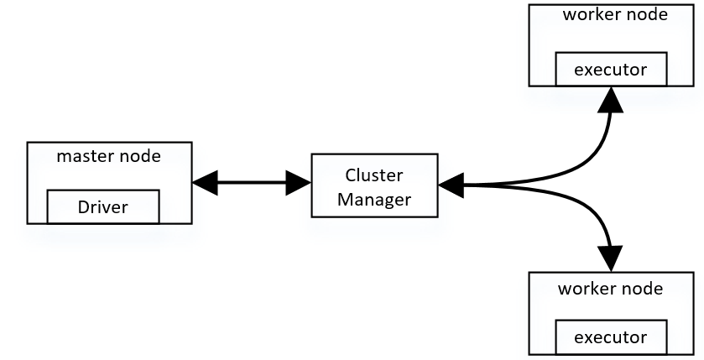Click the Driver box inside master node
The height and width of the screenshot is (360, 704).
pos(102,206)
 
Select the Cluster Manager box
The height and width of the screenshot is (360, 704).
pos(374,186)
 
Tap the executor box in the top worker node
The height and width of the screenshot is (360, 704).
pos(611,69)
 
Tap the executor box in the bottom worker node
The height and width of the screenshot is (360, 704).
pos(611,337)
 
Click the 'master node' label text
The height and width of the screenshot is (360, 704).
pos(108,156)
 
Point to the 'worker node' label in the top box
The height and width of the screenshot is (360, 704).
pos(616,14)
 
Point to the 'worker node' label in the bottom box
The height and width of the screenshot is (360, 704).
pos(610,289)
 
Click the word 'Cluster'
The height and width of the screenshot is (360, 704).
pos(374,175)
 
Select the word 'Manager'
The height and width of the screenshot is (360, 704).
pos(374,199)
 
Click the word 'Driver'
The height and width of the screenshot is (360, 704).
pos(102,206)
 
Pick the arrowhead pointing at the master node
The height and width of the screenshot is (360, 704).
pos(204,181)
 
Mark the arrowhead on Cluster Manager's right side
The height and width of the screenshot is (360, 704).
pos(451,185)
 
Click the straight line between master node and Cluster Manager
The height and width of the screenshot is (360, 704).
pos(252,181)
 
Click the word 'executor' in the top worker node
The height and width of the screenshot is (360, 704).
pos(611,70)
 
